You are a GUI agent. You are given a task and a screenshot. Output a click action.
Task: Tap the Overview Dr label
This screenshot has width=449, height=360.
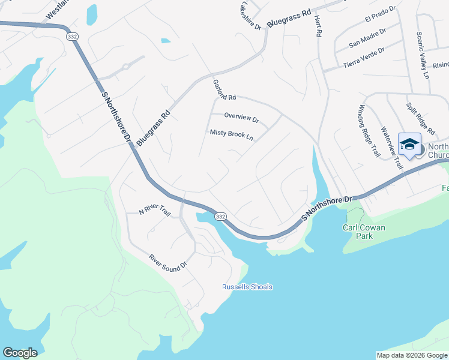click(x=241, y=118)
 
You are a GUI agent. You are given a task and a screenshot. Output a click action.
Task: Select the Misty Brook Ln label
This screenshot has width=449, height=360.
click(x=232, y=134)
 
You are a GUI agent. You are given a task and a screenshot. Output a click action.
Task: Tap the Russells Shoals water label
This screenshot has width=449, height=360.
click(x=247, y=287)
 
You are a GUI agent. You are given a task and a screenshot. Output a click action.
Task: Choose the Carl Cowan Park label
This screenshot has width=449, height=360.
click(x=366, y=232)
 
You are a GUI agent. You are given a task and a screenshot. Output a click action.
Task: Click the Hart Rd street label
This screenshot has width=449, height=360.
click(x=318, y=27)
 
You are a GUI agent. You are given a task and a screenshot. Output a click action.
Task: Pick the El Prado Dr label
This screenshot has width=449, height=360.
click(x=381, y=14)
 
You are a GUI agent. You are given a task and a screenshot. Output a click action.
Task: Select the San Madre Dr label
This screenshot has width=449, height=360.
click(x=367, y=37)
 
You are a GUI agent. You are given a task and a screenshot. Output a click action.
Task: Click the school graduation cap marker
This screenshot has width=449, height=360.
click(x=409, y=145)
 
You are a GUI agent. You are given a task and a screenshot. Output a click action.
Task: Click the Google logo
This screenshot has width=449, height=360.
click(x=20, y=353)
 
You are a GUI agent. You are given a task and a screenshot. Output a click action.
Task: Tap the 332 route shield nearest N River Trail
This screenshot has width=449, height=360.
click(x=220, y=216)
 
